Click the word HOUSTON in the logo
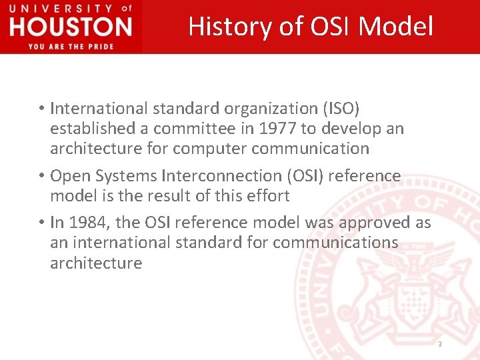[x=71, y=27]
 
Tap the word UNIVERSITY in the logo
[x=60, y=9]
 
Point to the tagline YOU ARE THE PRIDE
[x=71, y=46]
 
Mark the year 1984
[x=86, y=222]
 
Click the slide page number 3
[x=439, y=344]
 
